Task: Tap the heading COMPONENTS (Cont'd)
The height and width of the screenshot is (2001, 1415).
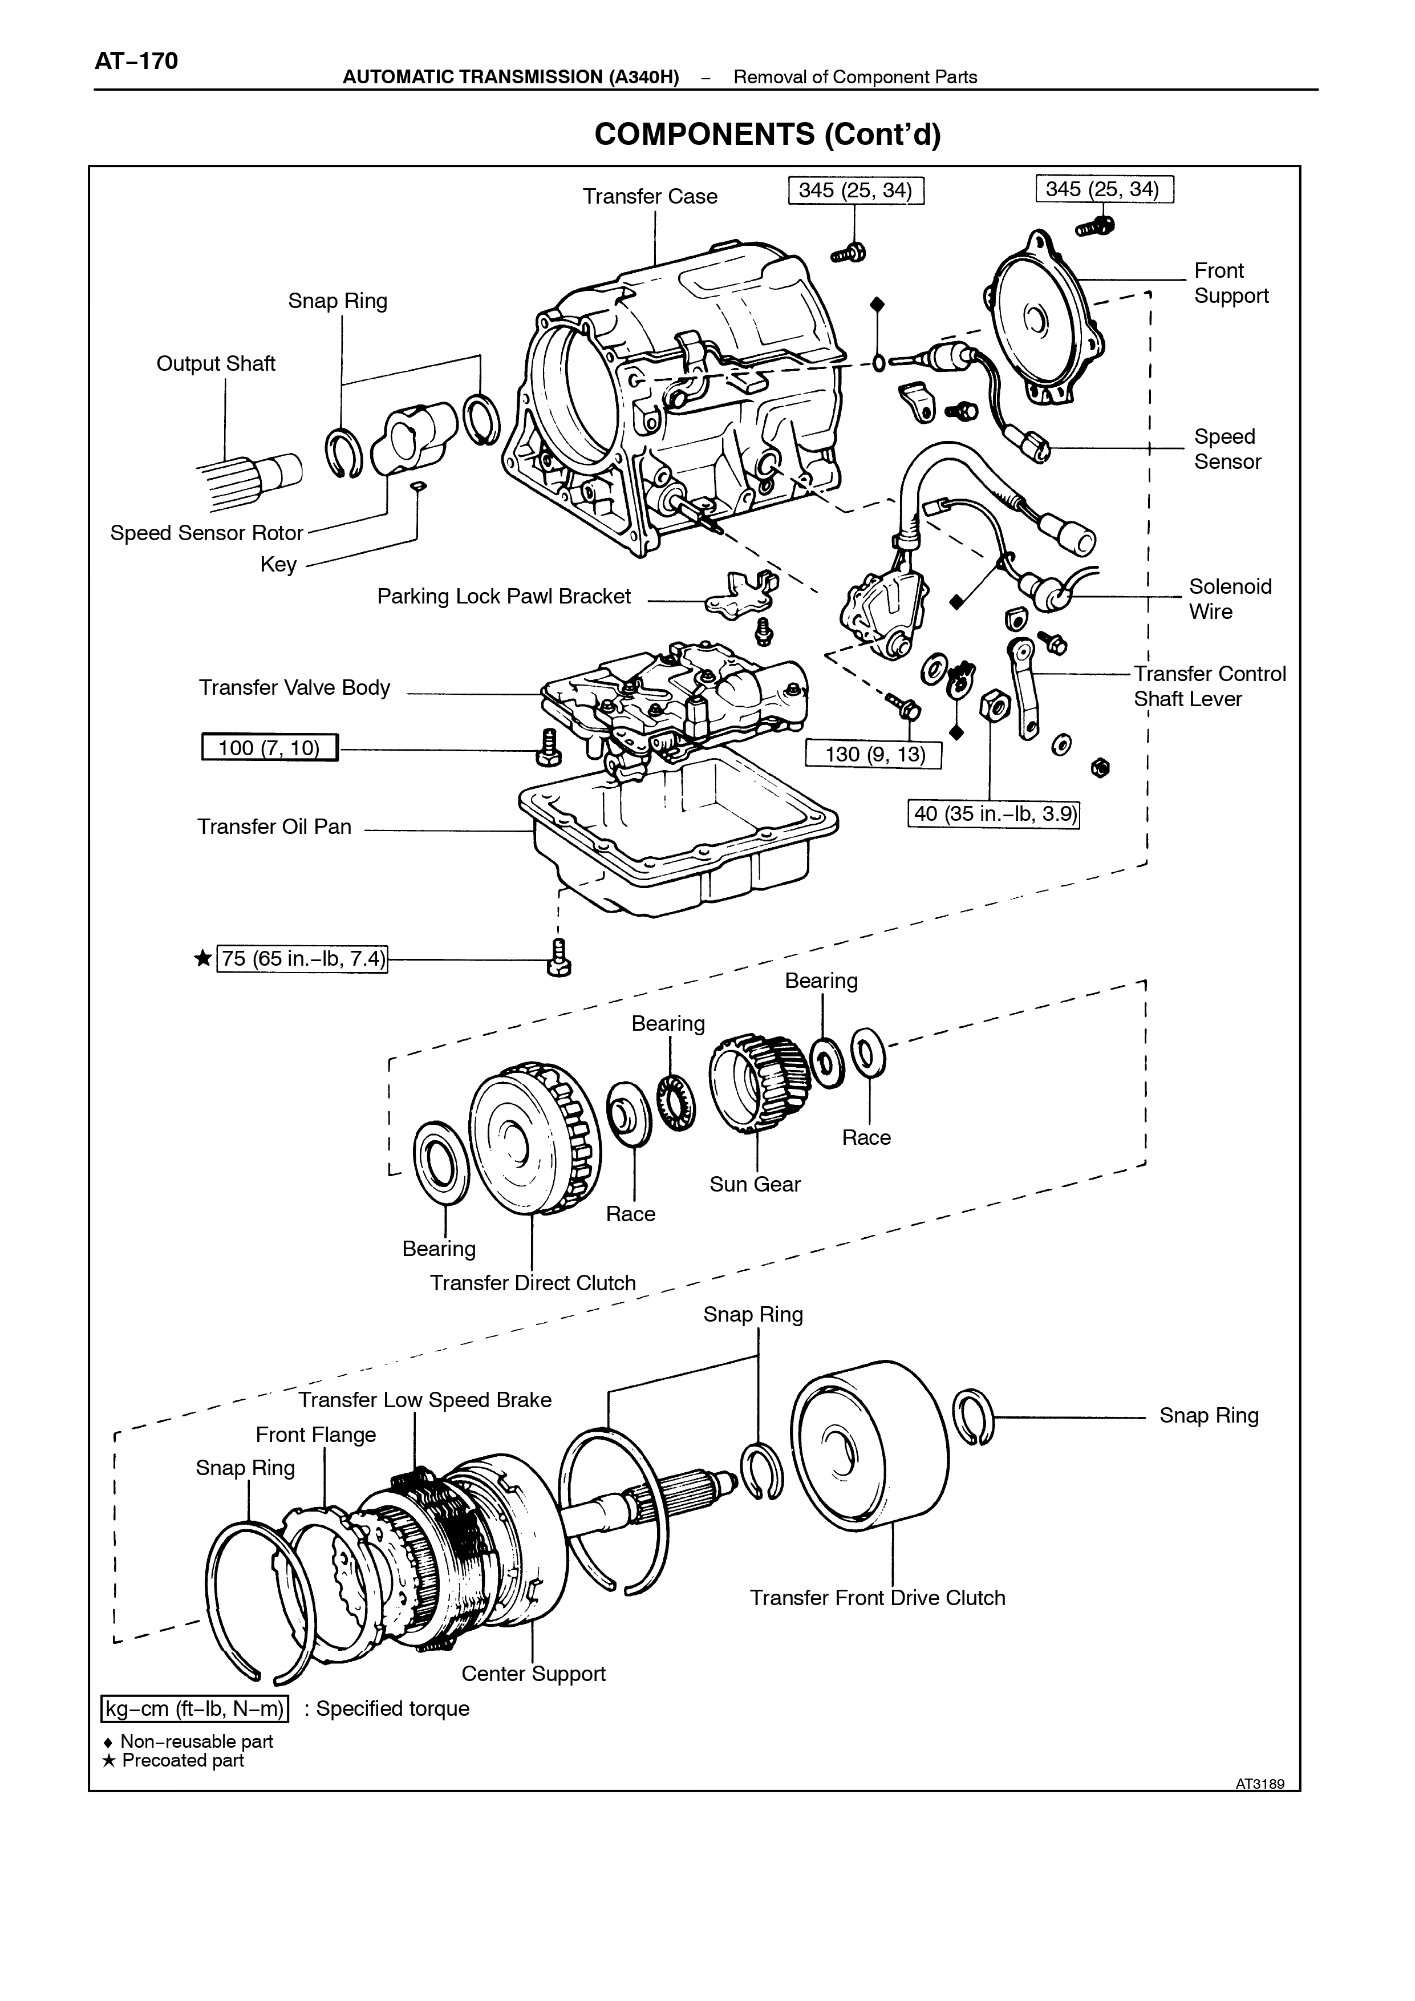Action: [x=768, y=134]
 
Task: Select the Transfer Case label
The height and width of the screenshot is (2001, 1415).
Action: [x=650, y=197]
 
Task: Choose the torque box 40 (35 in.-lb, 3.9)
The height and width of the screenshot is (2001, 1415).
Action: [x=994, y=814]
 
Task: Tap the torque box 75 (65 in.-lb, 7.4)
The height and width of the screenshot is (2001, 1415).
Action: [x=302, y=959]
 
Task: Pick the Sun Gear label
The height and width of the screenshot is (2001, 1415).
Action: [x=755, y=1184]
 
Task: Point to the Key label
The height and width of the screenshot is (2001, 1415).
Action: [x=279, y=565]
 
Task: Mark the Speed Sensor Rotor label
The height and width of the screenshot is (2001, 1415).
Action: [x=206, y=533]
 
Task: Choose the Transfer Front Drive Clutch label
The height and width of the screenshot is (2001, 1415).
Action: [x=877, y=1598]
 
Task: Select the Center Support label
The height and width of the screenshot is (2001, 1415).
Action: [x=533, y=1674]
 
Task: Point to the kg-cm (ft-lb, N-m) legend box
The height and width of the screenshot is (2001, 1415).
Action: [x=195, y=1709]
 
